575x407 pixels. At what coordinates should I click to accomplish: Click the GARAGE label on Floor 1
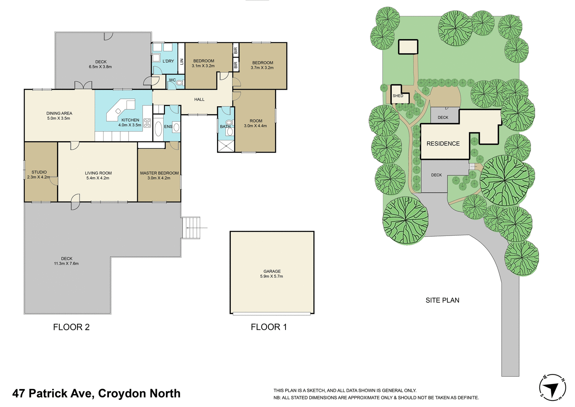coord(272,271)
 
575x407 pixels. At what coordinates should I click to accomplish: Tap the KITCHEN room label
coord(130,120)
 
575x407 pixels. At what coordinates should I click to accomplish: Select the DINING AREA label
coord(59,113)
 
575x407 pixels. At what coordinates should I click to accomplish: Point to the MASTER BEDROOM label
coord(159,173)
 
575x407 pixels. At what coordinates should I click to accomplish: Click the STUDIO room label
coord(39,172)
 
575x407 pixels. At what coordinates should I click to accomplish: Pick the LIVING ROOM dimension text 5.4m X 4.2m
coord(98,178)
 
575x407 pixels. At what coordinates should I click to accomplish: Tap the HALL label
coord(199,99)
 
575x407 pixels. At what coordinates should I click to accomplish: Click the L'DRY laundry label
coord(168,61)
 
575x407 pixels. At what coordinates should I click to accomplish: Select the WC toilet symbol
coord(179,82)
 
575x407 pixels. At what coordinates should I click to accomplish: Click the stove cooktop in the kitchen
coord(147,123)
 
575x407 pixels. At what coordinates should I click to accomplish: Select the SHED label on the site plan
coord(398,96)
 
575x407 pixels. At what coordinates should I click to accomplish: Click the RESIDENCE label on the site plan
coord(443,143)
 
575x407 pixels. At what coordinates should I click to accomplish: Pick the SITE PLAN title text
coord(442,300)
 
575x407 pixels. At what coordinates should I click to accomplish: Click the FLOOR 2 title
coord(71,327)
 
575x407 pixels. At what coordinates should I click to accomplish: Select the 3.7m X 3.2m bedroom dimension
coord(262,68)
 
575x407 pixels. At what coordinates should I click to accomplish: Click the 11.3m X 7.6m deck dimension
coord(66,264)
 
